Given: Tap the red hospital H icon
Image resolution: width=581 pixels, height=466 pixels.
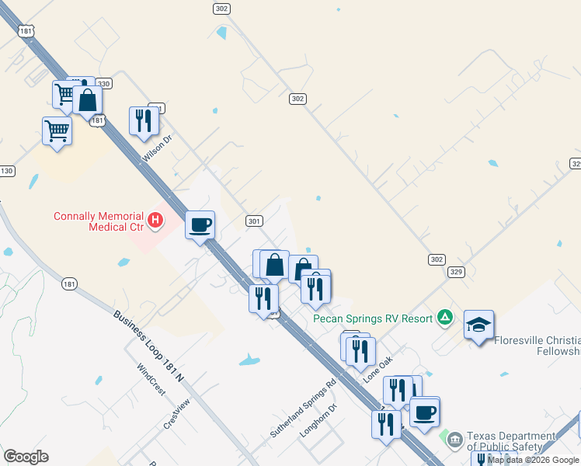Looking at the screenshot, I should (x=155, y=221).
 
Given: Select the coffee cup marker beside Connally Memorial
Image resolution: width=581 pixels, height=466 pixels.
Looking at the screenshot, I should (x=200, y=225).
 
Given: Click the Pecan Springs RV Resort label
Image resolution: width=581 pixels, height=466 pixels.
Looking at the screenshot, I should (x=374, y=318).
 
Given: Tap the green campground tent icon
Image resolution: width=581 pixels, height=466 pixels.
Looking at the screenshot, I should (x=445, y=316).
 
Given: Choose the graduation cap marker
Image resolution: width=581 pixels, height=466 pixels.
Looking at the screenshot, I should (x=478, y=325).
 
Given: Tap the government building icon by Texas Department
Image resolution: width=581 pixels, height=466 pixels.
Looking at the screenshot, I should (x=454, y=440).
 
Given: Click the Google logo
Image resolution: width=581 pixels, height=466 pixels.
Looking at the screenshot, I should (x=26, y=457).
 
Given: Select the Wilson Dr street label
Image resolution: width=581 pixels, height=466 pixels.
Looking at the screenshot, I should (x=156, y=148).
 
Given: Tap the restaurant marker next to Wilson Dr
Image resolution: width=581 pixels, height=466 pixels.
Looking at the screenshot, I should (x=143, y=120).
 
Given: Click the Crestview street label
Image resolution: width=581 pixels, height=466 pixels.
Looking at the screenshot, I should (x=176, y=413).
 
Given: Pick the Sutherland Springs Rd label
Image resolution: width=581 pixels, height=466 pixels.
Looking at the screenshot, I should (x=303, y=407).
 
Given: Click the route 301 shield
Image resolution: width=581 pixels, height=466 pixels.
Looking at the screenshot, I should (x=253, y=221).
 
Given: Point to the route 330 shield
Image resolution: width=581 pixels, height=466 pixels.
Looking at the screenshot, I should (x=104, y=83).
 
